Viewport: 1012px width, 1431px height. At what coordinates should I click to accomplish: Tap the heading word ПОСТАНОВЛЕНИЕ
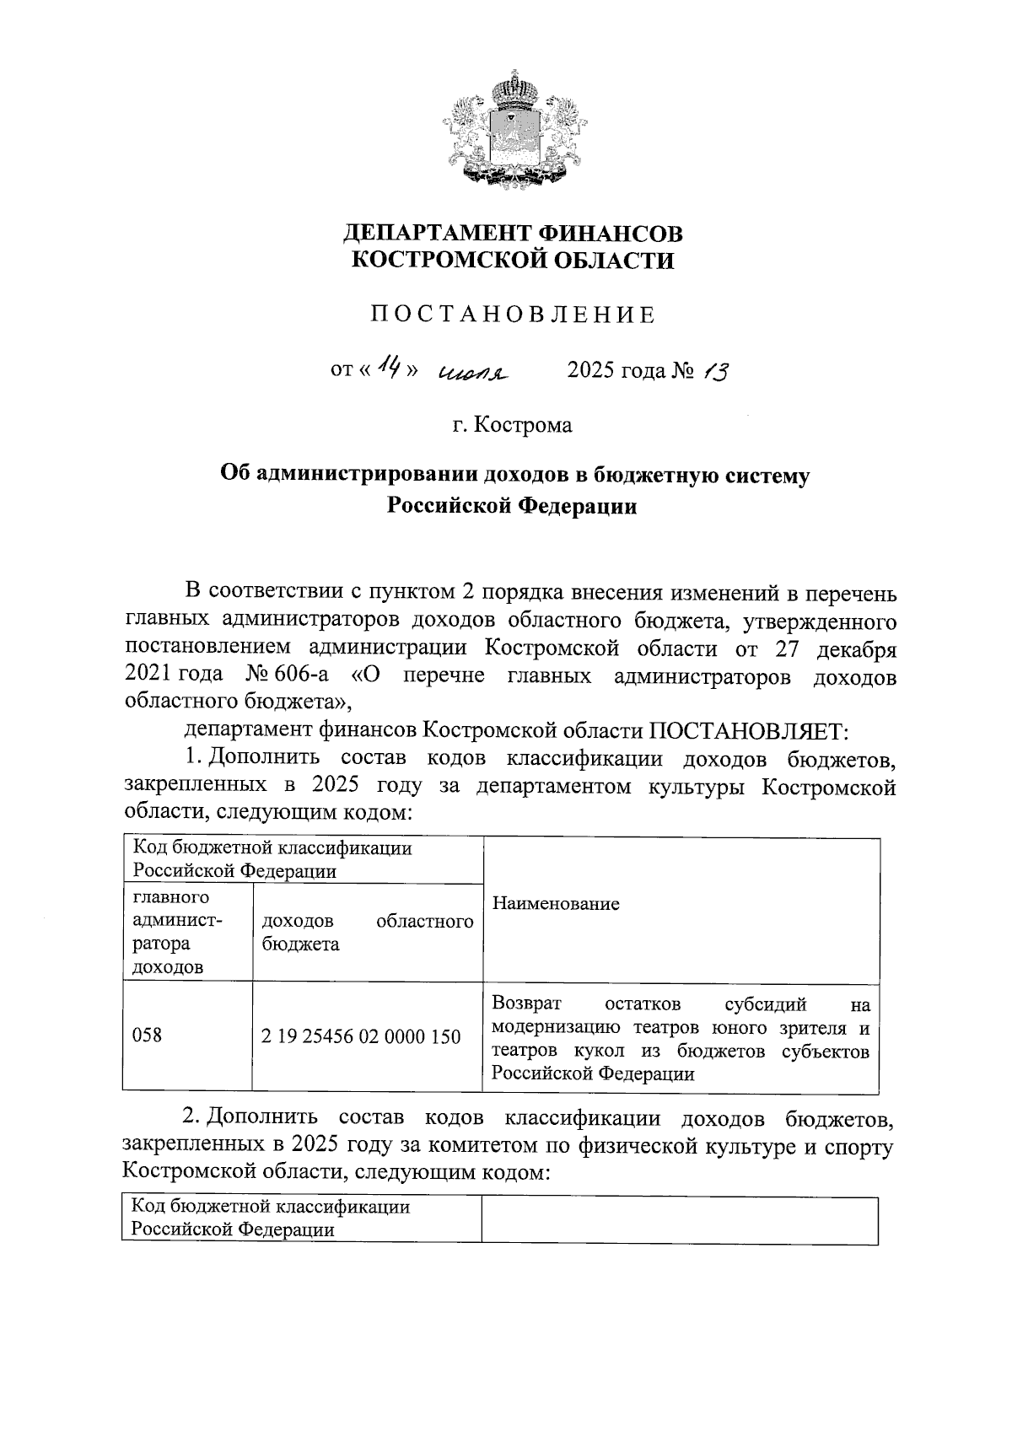(514, 315)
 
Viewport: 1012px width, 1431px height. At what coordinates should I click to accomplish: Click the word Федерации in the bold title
(576, 507)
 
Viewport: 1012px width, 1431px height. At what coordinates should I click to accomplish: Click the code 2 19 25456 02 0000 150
(361, 1036)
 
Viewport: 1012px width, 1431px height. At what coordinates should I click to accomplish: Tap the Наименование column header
(556, 904)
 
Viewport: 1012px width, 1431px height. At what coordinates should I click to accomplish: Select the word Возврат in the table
(530, 1004)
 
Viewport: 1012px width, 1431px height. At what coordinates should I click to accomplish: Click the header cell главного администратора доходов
(177, 932)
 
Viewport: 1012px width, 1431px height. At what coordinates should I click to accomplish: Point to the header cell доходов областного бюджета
(367, 933)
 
